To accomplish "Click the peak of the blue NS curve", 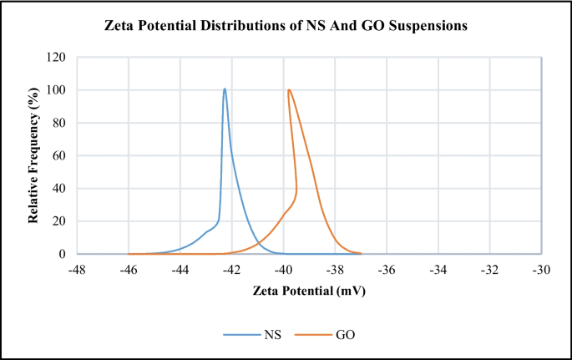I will (225, 89).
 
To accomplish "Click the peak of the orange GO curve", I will (289, 89).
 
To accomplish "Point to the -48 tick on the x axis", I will (77, 270).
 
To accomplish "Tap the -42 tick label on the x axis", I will (231, 270).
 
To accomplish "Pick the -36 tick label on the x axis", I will (387, 270).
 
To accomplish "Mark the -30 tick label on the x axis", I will (542, 270).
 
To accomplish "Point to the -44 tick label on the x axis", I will (180, 270).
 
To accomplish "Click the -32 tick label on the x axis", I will (490, 270).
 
